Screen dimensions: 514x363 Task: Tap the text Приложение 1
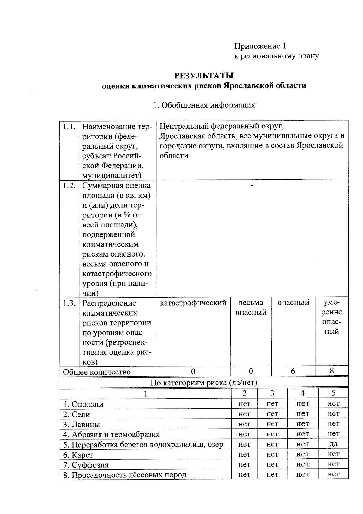click(260, 46)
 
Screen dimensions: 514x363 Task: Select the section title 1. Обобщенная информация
click(204, 105)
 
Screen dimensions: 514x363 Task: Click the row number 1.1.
click(69, 127)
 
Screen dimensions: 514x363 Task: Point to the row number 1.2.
click(69, 186)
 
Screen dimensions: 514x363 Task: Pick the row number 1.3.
click(69, 303)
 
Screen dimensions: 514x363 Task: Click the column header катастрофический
click(193, 303)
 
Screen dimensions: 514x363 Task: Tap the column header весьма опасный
click(251, 307)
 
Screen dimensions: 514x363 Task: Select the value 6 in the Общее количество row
click(293, 371)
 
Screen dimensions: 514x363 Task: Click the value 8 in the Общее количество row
click(332, 371)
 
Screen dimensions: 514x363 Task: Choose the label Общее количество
click(96, 372)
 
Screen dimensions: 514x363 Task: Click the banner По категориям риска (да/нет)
click(204, 382)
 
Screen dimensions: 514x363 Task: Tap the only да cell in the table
click(333, 444)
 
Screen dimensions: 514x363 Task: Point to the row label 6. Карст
click(78, 455)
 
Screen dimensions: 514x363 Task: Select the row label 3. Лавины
click(81, 424)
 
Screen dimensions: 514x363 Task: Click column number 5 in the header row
click(333, 393)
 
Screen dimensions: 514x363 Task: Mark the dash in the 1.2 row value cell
click(252, 185)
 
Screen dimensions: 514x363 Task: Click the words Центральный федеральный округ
click(221, 126)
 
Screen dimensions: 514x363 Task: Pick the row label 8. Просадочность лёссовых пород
click(125, 475)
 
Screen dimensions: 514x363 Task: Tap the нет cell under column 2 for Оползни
click(244, 404)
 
